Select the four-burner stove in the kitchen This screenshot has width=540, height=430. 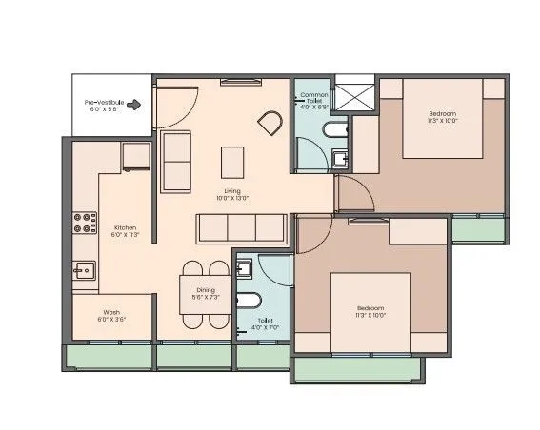click(x=85, y=223)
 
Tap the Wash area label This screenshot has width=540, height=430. click(x=111, y=316)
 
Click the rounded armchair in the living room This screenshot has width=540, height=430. click(x=270, y=122)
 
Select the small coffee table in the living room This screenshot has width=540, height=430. click(x=232, y=161)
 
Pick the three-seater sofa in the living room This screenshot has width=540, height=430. click(x=242, y=228)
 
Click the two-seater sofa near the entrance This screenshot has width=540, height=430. click(x=176, y=160)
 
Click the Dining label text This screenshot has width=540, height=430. click(x=205, y=293)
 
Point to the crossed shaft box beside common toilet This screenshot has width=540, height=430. click(x=361, y=95)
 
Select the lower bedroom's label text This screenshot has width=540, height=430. click(x=370, y=311)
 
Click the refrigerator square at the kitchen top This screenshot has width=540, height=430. click(x=136, y=156)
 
